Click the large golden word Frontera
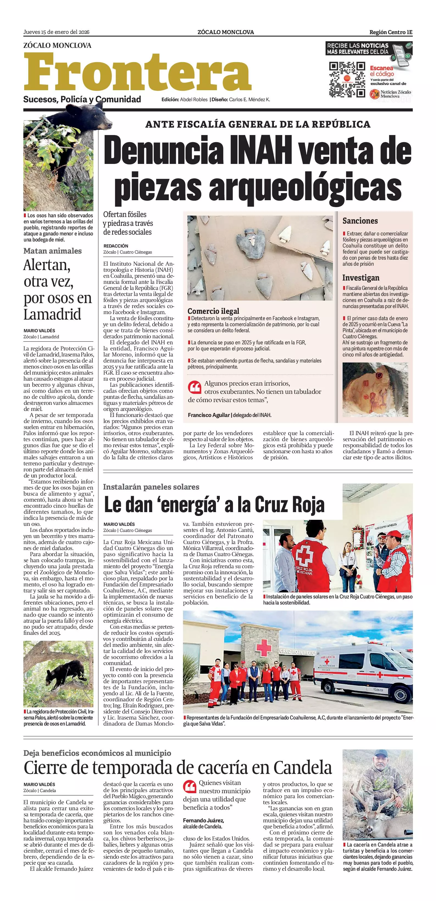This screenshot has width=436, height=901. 137,72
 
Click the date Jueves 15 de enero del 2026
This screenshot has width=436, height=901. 56,32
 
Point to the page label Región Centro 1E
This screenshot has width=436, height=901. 391,32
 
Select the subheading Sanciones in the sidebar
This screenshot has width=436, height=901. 360,221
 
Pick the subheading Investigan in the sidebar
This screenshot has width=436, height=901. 360,278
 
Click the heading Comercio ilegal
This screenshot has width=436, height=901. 213,311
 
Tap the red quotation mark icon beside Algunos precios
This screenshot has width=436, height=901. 194,387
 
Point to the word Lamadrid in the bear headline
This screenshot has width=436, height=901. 52,314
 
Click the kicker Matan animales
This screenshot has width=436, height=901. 52,251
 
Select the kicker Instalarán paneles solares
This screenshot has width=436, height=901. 151,487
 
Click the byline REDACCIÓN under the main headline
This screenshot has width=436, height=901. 116,246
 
